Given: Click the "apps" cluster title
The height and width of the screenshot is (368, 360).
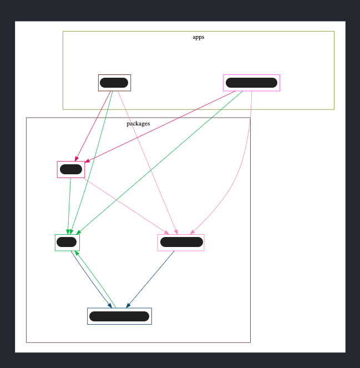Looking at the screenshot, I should point(198,37).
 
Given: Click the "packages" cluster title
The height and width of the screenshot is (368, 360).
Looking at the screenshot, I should point(138,123).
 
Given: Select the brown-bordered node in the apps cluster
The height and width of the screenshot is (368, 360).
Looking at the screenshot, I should point(114,83).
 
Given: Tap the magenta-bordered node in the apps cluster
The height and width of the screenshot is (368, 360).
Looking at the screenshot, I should point(251,83).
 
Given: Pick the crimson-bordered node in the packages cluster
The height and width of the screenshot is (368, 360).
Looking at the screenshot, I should point(70,169).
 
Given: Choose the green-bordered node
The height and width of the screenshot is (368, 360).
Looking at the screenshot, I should point(67,242).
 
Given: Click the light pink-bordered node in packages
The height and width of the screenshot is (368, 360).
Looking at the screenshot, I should point(181,242).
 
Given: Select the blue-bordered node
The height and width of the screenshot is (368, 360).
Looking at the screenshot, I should point(119,316).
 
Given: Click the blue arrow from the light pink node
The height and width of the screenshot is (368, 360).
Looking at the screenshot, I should point(151,279).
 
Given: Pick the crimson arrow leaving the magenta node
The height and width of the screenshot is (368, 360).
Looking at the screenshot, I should point(161,126).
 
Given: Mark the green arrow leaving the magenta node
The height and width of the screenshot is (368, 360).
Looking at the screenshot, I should point(161,162).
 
